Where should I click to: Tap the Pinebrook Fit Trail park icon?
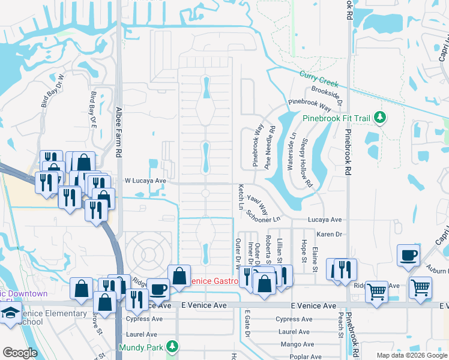379,118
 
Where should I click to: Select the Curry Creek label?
319,79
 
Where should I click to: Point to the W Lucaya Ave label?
145,180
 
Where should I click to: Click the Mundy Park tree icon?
172,347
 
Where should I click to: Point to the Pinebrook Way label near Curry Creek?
310,105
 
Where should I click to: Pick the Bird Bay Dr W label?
53,91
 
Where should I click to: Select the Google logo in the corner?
20,353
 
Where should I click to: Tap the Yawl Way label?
258,203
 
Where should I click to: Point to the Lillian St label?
280,251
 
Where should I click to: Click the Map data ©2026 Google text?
412,355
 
